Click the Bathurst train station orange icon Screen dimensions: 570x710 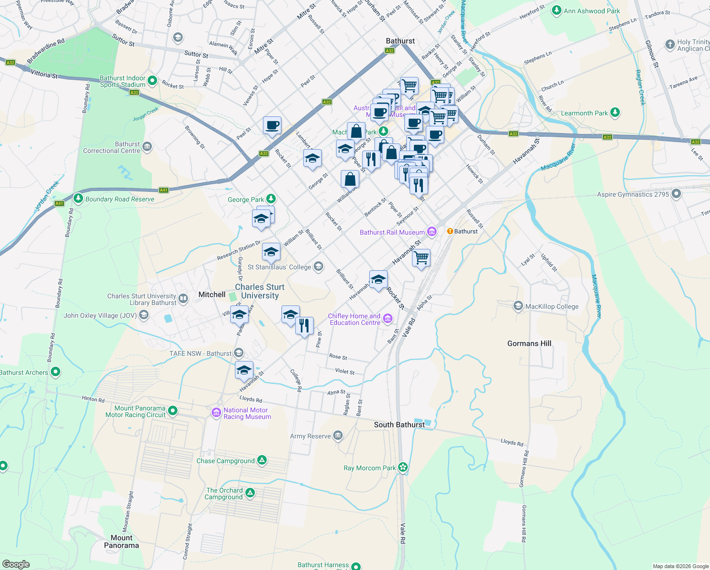tap(450, 231)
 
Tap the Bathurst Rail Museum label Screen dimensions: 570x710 tap(392, 232)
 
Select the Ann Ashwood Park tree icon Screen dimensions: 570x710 tap(557, 10)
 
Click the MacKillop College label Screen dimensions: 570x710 tap(551, 306)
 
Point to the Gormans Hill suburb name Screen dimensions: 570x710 tap(529, 343)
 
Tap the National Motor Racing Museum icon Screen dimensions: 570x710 tap(216, 413)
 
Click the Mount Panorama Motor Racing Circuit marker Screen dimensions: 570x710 tap(173, 410)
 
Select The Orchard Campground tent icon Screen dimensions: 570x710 tap(250, 493)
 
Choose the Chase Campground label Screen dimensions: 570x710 tap(225, 461)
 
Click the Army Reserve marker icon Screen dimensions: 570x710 tap(337, 435)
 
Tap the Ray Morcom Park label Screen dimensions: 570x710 tap(369, 468)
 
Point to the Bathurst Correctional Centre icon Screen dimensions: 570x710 tap(147, 146)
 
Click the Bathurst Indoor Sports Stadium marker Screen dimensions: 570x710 tap(152, 81)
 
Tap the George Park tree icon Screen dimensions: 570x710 tap(271, 199)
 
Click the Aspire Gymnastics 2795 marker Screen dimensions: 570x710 tap(676, 194)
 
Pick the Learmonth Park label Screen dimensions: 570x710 tap(584, 113)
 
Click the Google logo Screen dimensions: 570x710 tap(16, 564)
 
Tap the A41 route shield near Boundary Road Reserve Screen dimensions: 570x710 tap(164, 190)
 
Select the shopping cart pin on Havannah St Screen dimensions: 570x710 tap(421, 258)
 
